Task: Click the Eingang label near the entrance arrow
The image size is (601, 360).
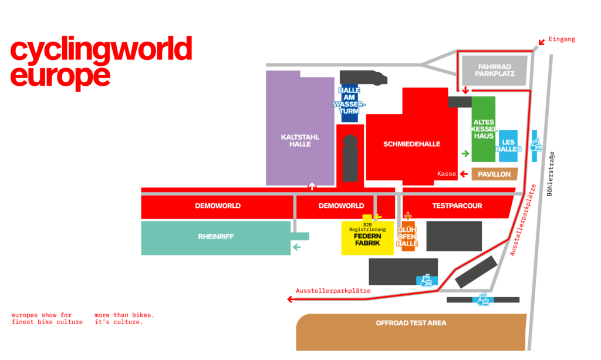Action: pos(562,39)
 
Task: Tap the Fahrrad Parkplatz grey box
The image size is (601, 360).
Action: pos(495,70)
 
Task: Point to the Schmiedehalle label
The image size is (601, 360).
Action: pos(411,144)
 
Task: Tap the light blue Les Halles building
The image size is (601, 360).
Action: pos(508,145)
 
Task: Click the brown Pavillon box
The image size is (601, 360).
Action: pos(494,174)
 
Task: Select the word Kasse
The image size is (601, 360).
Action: pos(447,174)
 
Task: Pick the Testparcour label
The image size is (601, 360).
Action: pos(457,206)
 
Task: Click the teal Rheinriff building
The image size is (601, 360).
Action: pos(216,238)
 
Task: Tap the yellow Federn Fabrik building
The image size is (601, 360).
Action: pos(367,238)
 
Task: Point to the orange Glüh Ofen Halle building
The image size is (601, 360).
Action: pos(407,236)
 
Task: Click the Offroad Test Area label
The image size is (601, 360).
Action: pos(411,323)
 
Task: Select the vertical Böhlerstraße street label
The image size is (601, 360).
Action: pos(551,174)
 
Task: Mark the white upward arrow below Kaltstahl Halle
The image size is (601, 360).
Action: pos(312,186)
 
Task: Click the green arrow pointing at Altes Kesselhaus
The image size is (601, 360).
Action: pos(465,154)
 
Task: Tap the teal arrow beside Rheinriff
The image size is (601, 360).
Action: pos(296,247)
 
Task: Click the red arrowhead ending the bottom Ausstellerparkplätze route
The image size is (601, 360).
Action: pos(290,300)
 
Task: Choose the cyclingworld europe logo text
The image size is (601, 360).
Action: pos(101,62)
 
